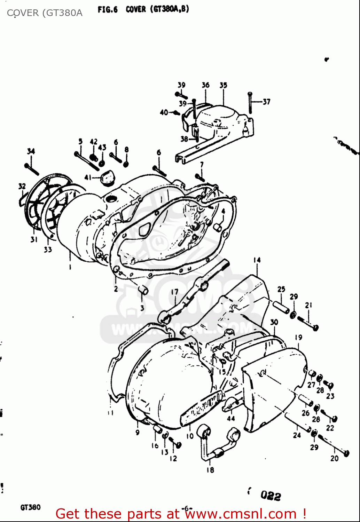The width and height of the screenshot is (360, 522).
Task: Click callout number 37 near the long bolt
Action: coord(266,102)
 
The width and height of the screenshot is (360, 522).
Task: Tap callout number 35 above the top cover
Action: coord(223,85)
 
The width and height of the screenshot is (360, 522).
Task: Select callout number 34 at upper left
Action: coord(31,151)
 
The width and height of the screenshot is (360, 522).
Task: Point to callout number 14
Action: coord(257,260)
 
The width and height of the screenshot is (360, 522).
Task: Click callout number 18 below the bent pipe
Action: coord(210,470)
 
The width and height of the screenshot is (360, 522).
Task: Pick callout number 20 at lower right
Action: coord(334,459)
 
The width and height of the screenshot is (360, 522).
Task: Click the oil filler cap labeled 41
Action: coord(105,177)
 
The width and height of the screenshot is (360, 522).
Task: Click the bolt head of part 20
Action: coord(346,453)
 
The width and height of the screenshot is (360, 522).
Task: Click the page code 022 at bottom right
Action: coord(271,496)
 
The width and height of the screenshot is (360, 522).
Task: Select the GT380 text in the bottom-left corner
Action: coord(31,507)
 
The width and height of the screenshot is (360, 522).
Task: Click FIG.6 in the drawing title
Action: coord(108,10)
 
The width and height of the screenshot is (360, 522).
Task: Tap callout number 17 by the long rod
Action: coord(174,292)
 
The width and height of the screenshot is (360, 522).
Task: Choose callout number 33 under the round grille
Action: coord(48,250)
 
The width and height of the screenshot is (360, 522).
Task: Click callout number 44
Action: coord(231,418)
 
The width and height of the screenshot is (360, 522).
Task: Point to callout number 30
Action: coord(274,322)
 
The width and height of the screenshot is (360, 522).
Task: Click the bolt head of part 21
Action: coord(315,328)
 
